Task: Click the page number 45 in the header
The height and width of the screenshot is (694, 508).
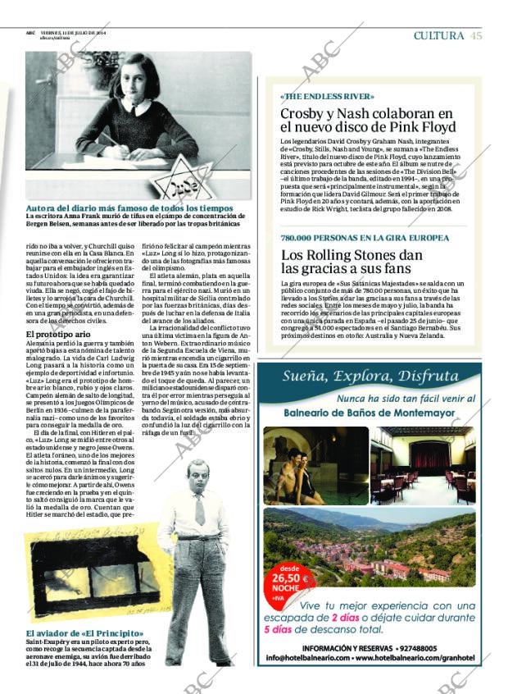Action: [476, 35]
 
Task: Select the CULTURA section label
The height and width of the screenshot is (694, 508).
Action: [439, 35]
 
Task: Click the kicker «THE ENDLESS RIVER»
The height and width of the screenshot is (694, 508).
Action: [315, 97]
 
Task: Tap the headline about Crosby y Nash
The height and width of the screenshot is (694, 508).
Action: [366, 120]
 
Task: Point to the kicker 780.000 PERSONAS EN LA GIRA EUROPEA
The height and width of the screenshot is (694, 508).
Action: [365, 237]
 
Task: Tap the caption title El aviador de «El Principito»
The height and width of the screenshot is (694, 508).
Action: [84, 633]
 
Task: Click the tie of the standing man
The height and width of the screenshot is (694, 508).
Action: [200, 509]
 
